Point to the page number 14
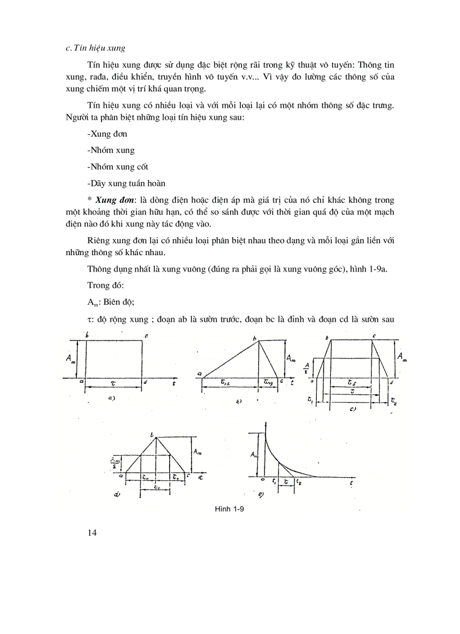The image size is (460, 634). tap(92, 532)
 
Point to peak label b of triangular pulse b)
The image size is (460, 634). tap(254, 338)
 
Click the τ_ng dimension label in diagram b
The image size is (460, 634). tap(269, 382)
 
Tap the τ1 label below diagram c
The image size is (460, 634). tap(311, 399)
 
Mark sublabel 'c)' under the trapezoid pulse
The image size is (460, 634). tap(351, 409)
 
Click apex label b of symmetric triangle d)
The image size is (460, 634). tap(153, 434)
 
